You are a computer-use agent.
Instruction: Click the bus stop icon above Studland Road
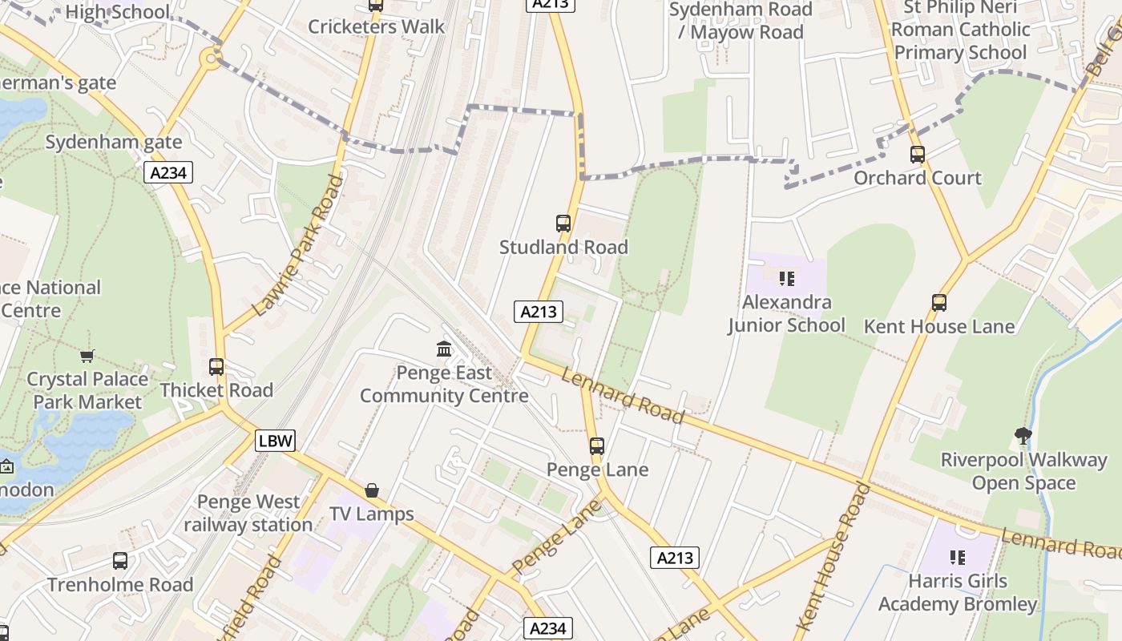(563, 224)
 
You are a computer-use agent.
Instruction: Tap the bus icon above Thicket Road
(216, 367)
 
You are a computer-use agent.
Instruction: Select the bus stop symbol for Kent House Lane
(939, 303)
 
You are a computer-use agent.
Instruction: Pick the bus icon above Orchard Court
(918, 155)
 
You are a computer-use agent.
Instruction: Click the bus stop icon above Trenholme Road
(120, 561)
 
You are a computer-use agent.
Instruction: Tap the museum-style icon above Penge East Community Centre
(444, 349)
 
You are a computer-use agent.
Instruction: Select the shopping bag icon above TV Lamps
(372, 490)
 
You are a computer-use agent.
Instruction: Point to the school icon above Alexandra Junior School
(786, 279)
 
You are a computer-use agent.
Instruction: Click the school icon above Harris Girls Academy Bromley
(957, 557)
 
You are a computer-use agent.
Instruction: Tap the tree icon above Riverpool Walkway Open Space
(1023, 436)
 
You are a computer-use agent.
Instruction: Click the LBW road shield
(276, 440)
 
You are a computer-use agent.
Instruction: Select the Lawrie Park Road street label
(297, 245)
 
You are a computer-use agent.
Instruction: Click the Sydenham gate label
(113, 142)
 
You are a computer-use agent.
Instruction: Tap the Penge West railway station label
(248, 514)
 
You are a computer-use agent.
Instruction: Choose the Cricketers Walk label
(376, 26)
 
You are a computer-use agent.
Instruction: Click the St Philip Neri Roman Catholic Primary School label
(960, 30)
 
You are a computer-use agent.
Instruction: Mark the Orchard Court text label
(918, 178)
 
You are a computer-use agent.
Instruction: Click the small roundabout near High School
(211, 57)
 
